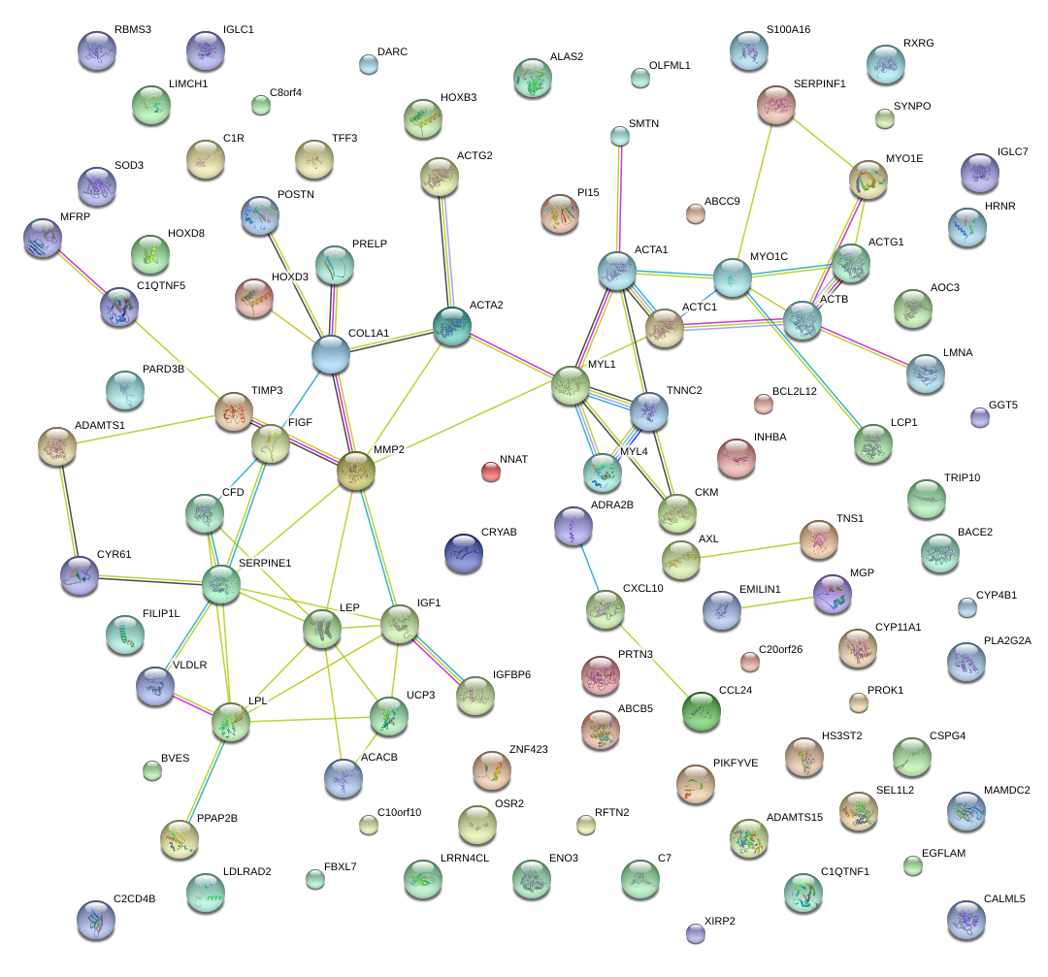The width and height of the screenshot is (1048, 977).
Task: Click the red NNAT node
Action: [491, 472]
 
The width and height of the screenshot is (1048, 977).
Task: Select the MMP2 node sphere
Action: [355, 471]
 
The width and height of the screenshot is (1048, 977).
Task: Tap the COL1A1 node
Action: [331, 356]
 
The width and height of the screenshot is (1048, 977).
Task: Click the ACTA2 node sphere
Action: [451, 327]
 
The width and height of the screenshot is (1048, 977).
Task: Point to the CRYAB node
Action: [463, 552]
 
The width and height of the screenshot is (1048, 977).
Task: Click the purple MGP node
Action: [832, 594]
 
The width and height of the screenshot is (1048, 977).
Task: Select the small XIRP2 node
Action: [695, 934]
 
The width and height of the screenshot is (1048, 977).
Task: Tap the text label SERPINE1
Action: [265, 563]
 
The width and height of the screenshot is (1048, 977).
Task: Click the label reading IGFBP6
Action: [511, 673]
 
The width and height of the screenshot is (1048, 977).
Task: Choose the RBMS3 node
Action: [95, 50]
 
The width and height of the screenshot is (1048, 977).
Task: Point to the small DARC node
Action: [368, 65]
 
